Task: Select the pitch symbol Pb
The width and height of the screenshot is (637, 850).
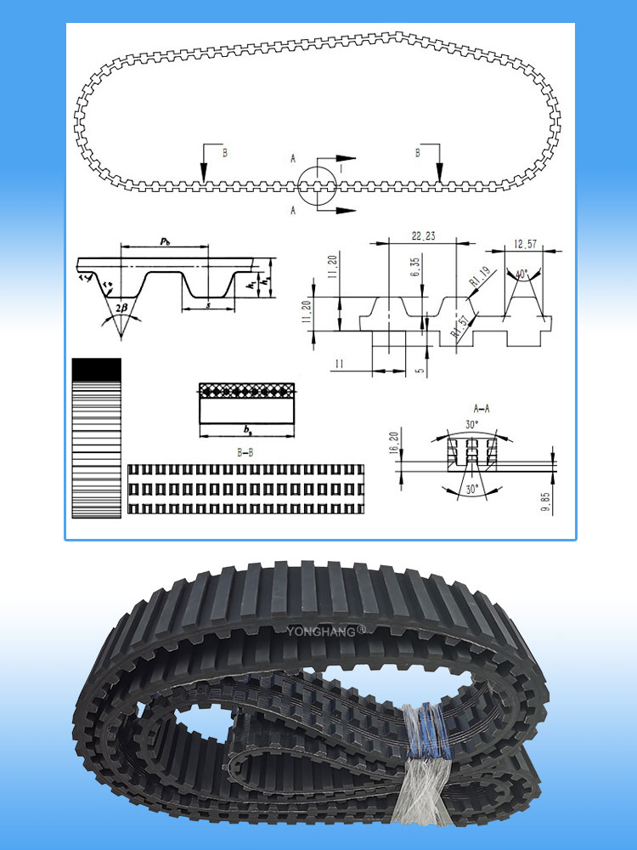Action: (164, 242)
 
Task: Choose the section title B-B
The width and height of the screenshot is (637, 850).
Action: (245, 454)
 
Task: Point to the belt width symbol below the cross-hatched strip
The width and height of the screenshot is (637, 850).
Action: (246, 430)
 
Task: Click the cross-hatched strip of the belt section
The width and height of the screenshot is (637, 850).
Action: (246, 390)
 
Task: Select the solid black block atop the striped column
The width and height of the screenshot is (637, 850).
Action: (96, 368)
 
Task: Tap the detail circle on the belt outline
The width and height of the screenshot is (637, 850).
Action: (318, 183)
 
